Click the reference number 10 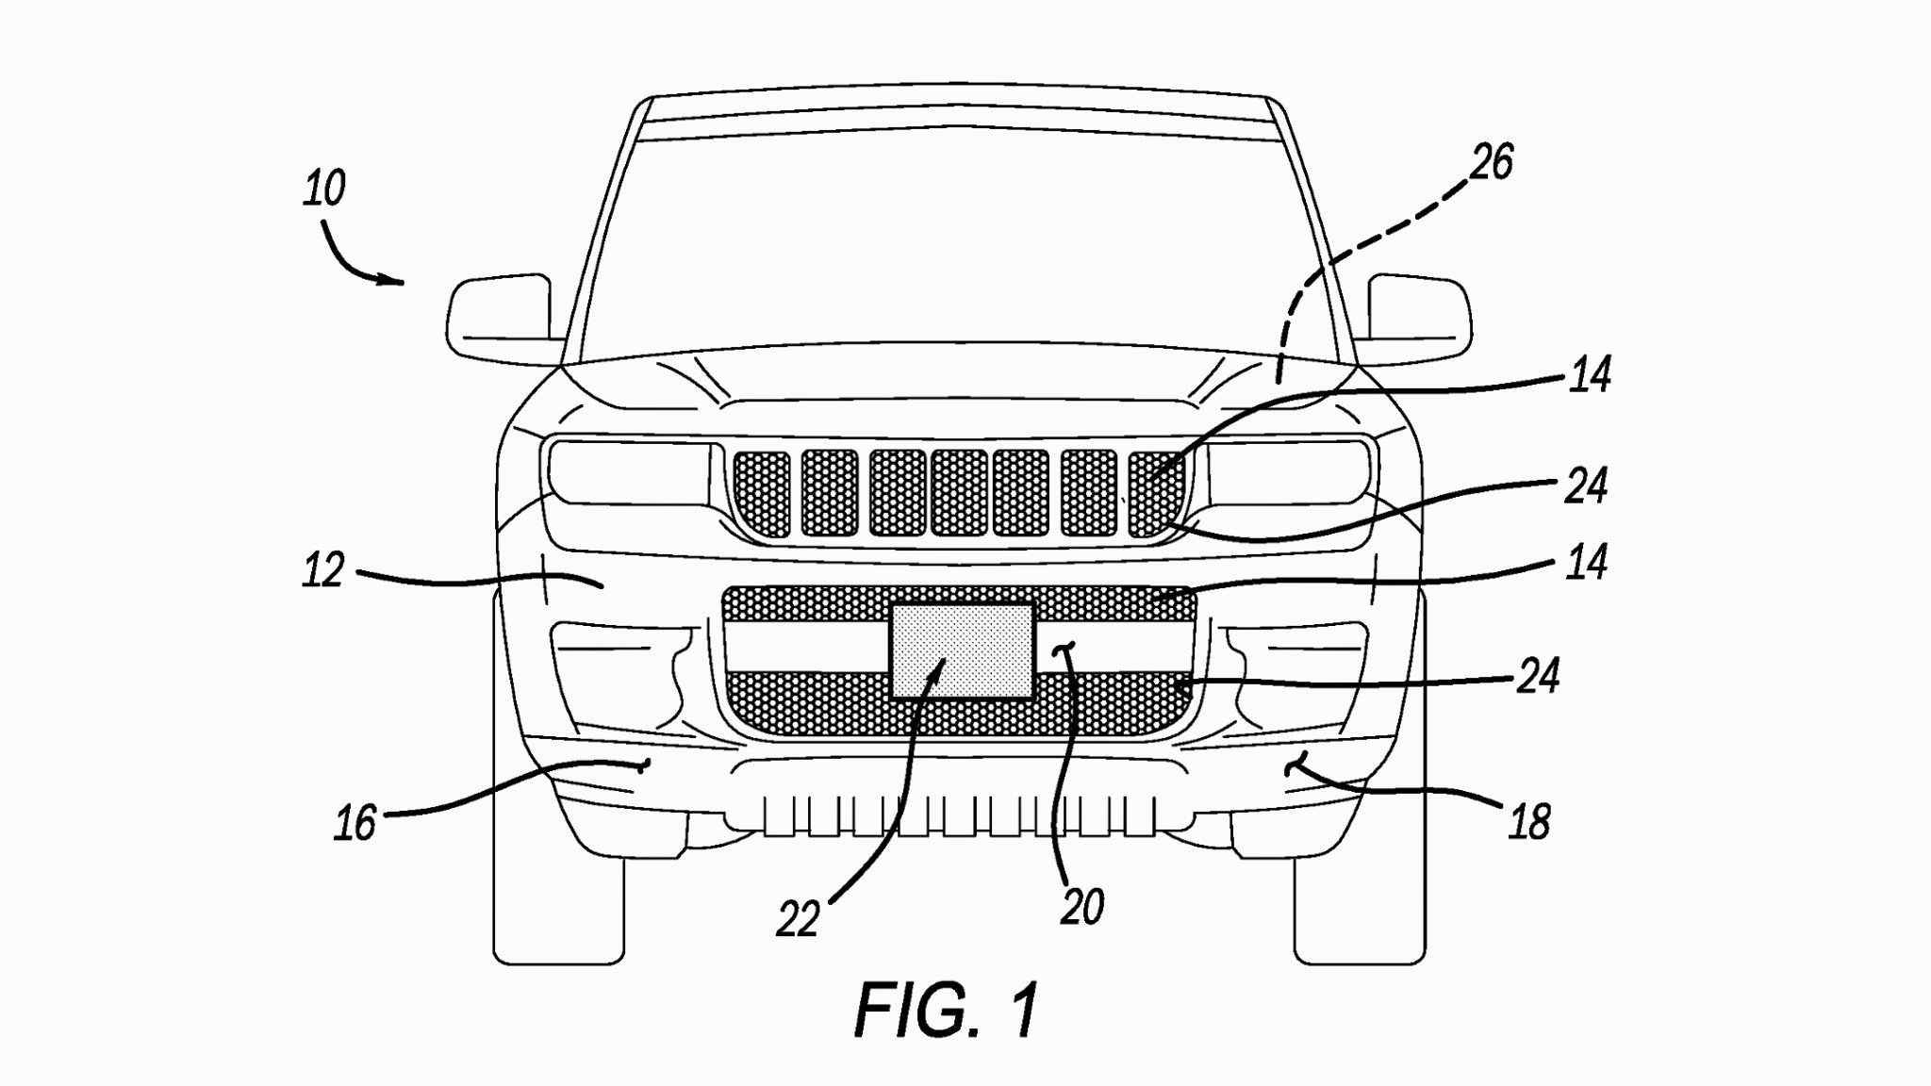pyautogui.click(x=324, y=189)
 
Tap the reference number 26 pyautogui.click(x=1492, y=162)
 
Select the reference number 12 pyautogui.click(x=323, y=571)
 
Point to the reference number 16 pyautogui.click(x=355, y=823)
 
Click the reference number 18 pyautogui.click(x=1528, y=822)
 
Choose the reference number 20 pyautogui.click(x=1081, y=908)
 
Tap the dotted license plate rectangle pyautogui.click(x=962, y=650)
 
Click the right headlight pyautogui.click(x=1287, y=471)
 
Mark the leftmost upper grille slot pyautogui.click(x=763, y=492)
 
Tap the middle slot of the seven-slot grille pyautogui.click(x=959, y=492)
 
